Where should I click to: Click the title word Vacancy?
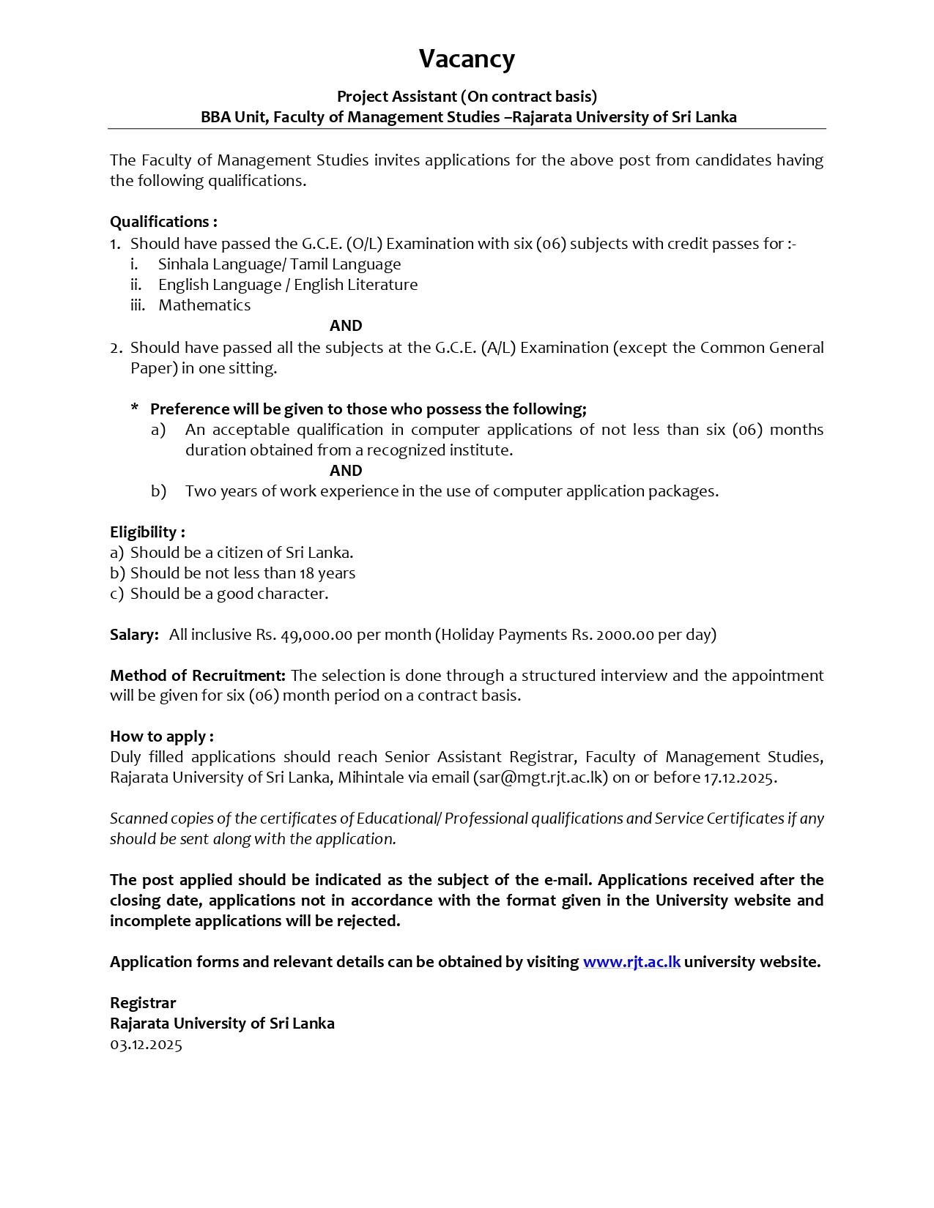coord(467,59)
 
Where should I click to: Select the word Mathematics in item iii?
coord(204,305)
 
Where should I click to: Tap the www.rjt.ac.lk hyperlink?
coord(631,962)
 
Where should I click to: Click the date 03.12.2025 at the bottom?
coord(146,1045)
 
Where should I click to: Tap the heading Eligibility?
coord(147,532)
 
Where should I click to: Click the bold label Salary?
coord(134,635)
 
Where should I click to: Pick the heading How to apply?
coord(161,737)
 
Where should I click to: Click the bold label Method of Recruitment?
coord(198,675)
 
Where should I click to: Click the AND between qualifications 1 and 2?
coord(346,326)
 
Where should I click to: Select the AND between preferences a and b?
coord(346,471)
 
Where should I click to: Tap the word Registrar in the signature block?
coord(143,1003)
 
